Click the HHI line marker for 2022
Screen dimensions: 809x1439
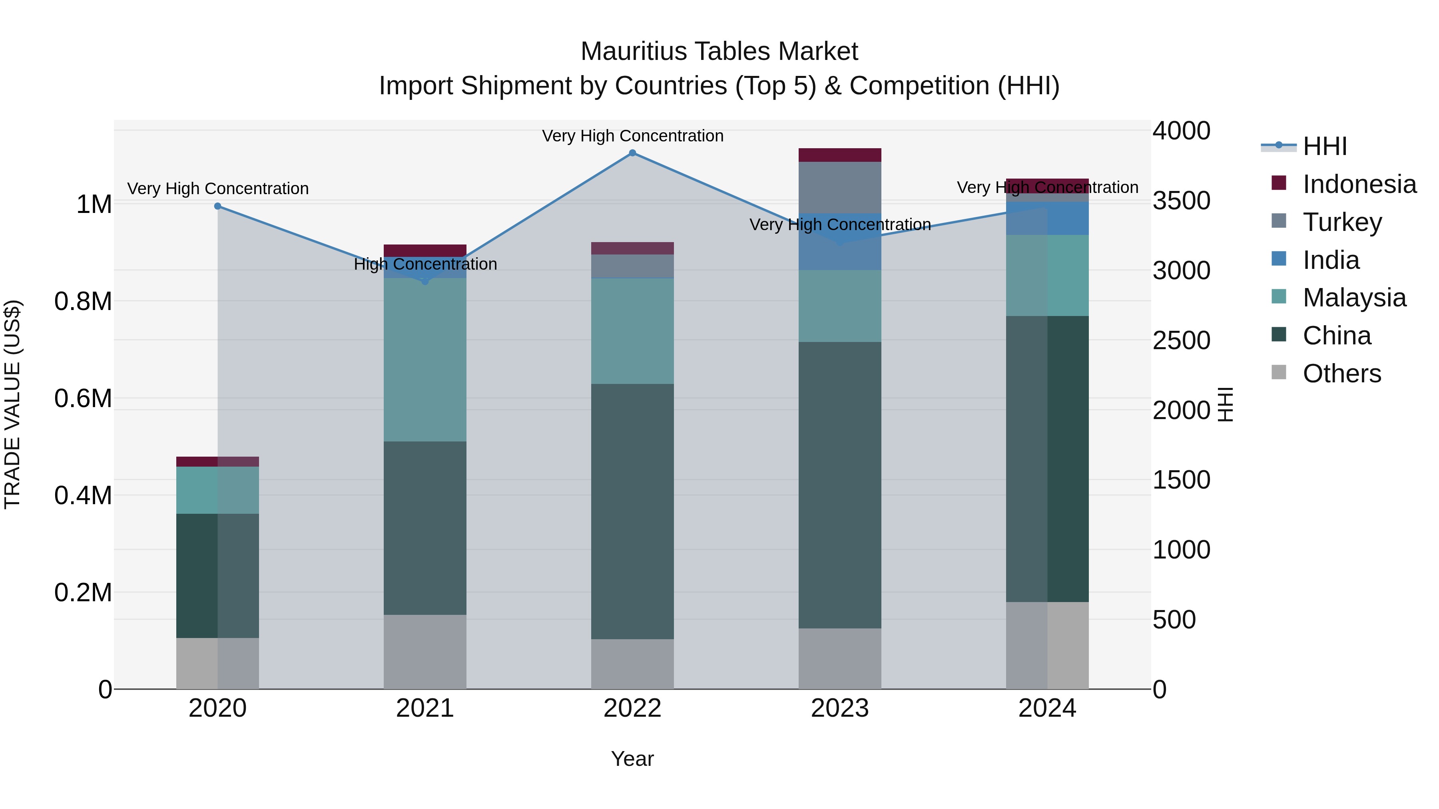(x=632, y=153)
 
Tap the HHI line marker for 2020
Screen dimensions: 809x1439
(x=218, y=206)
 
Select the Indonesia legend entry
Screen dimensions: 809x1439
(x=1359, y=184)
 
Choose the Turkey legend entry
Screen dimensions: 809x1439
(x=1342, y=222)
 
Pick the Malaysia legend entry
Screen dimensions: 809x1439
(x=1354, y=298)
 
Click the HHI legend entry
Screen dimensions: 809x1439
(x=1324, y=146)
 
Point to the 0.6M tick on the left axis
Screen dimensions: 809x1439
(x=83, y=399)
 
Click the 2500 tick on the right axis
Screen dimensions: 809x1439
(x=1181, y=340)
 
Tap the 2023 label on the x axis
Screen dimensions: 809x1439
(x=839, y=708)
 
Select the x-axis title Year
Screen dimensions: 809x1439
(x=632, y=759)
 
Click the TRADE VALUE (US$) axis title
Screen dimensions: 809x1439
(x=12, y=404)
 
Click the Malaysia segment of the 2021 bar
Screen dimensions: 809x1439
(x=425, y=360)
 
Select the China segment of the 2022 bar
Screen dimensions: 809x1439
(x=632, y=511)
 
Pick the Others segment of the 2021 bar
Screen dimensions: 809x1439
(x=425, y=652)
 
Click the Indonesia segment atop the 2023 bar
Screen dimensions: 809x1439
(x=839, y=155)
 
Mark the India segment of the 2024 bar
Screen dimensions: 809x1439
(x=1047, y=218)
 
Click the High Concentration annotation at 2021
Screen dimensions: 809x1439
(x=425, y=264)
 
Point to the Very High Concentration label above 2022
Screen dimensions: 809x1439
(x=632, y=136)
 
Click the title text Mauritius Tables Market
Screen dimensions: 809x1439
(x=719, y=52)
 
